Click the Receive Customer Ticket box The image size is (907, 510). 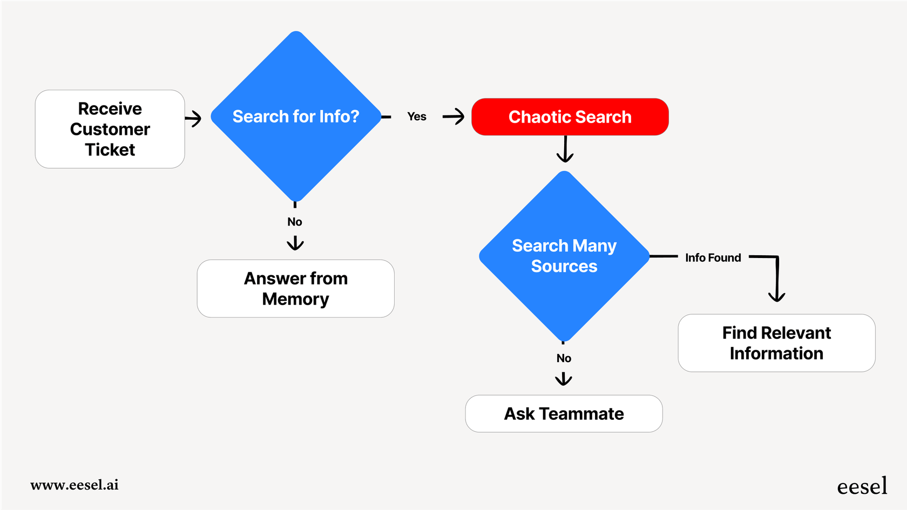tap(110, 129)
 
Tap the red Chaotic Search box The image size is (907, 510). tap(570, 117)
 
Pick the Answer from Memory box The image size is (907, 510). tap(295, 289)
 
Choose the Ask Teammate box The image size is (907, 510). tap(564, 414)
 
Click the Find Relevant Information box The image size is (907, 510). tap(776, 343)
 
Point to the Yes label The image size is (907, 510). tap(416, 117)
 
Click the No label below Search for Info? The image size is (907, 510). tap(295, 222)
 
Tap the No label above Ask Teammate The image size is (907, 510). tap(564, 358)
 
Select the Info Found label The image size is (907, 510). tap(713, 258)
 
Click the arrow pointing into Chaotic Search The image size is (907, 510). tap(453, 117)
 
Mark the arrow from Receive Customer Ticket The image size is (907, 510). tap(193, 118)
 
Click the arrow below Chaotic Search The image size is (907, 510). tap(565, 149)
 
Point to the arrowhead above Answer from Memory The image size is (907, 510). tap(295, 243)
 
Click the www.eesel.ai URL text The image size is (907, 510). tap(75, 485)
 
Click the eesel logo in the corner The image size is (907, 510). tap(862, 486)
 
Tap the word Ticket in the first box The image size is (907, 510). tap(110, 149)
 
